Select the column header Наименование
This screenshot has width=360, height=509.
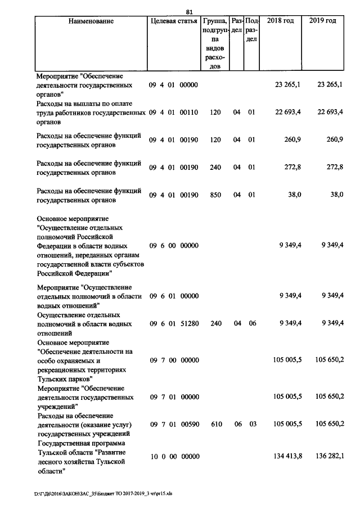[x=91, y=21]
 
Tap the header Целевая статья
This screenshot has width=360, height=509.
[x=173, y=21]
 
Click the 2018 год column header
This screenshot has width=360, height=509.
[x=280, y=21]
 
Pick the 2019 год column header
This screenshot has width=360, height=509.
[x=323, y=21]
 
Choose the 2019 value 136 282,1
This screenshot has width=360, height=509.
[x=329, y=456]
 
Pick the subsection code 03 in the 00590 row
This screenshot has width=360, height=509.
[x=251, y=424]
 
